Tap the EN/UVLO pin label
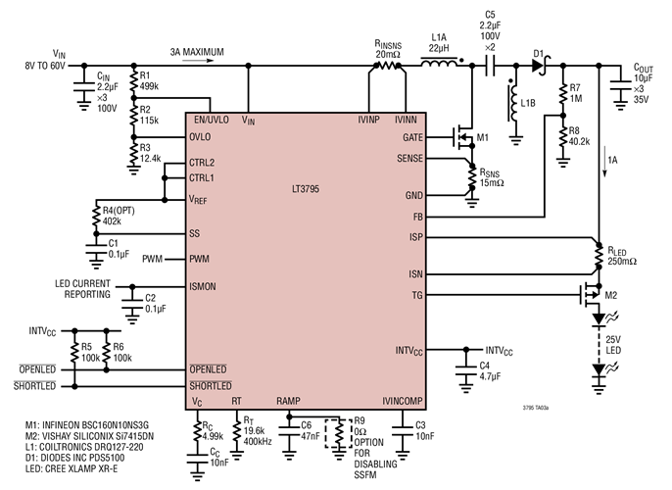(x=213, y=120)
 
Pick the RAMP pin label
(x=289, y=402)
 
